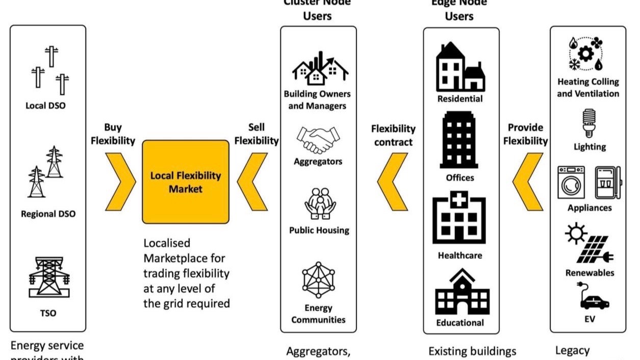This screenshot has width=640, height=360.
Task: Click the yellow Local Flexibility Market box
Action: [185, 182]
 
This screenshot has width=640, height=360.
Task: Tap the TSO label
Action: [48, 313]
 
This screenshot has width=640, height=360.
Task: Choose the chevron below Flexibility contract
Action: [393, 182]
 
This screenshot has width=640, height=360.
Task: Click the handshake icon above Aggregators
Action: [318, 140]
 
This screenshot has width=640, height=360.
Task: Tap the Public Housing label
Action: [319, 230]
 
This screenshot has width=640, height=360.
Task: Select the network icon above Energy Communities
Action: [319, 280]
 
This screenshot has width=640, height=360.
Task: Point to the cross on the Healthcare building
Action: [459, 199]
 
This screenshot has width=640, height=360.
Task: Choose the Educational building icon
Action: [462, 293]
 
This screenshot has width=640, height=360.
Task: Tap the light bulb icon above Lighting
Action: [590, 122]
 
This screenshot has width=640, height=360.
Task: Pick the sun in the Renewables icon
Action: [576, 234]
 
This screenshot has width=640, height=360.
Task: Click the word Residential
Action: [460, 98]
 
